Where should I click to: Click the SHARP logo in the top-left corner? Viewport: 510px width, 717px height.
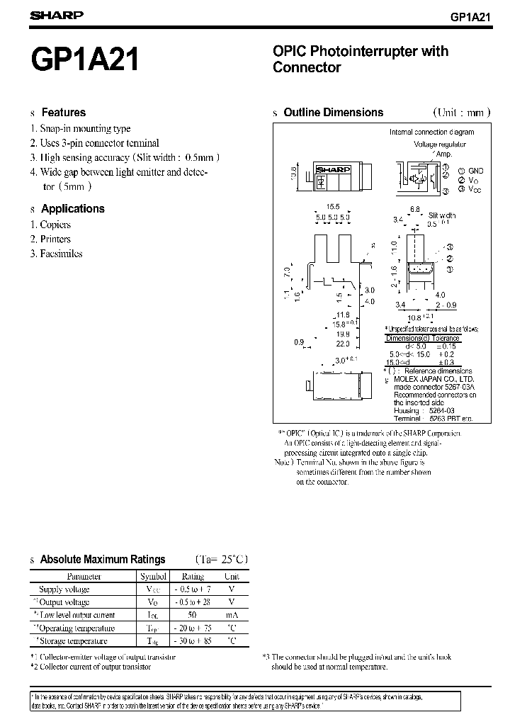[57, 15]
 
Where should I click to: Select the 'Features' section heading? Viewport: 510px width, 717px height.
[63, 113]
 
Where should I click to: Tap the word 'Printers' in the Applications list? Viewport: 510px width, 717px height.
[55, 239]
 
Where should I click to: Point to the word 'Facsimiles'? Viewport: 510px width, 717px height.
[61, 253]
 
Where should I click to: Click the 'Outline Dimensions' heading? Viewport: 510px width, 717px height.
[333, 113]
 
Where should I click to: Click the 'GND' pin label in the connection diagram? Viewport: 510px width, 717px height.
[475, 171]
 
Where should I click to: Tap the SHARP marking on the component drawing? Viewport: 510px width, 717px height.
[329, 170]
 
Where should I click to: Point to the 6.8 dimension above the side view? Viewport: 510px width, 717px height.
[415, 209]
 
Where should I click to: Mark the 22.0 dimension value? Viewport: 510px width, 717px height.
[343, 343]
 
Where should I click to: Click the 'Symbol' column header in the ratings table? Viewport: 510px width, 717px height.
[153, 577]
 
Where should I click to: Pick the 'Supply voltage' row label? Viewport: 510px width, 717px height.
[64, 589]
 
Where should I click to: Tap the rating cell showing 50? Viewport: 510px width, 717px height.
[193, 615]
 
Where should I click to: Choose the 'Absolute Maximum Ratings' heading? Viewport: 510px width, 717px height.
[103, 560]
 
